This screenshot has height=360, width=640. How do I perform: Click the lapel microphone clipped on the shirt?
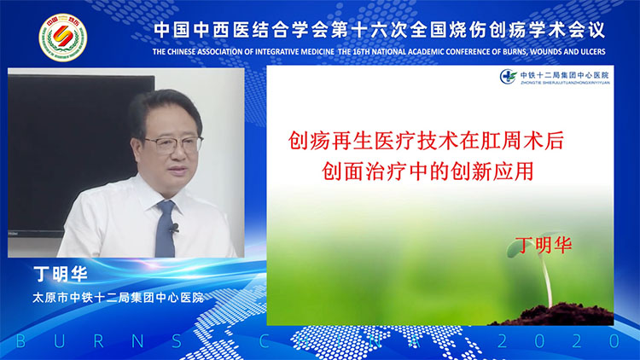tap(175, 228)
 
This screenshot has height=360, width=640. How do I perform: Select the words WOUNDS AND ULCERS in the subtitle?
tap(563, 51)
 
